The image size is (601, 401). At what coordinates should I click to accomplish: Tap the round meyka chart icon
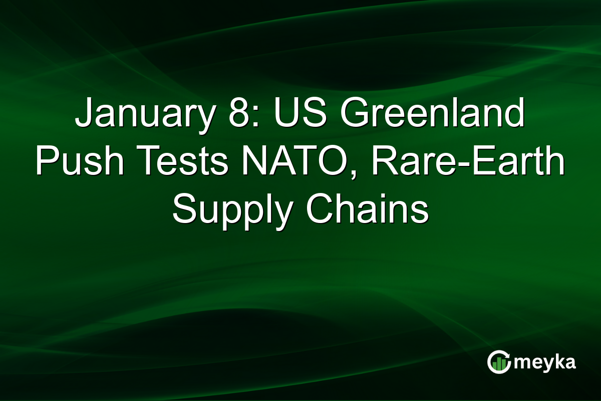498,362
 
